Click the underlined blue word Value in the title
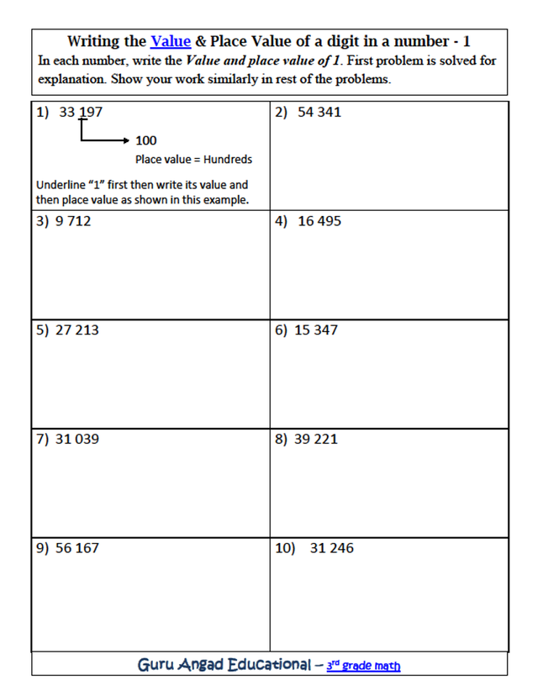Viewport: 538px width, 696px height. [x=171, y=41]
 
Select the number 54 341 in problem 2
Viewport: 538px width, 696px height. [x=319, y=112]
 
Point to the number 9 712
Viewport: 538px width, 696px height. [x=73, y=221]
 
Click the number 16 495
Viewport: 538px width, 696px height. [x=319, y=221]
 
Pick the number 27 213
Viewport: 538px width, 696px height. [x=76, y=330]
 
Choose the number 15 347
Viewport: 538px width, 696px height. [x=316, y=330]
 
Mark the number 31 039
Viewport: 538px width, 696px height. [x=76, y=439]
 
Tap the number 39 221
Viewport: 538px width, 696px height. [x=316, y=439]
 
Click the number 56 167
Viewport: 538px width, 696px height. [x=76, y=548]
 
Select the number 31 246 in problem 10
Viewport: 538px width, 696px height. [x=331, y=548]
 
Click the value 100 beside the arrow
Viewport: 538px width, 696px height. [x=145, y=140]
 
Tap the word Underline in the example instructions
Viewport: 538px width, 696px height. [x=59, y=184]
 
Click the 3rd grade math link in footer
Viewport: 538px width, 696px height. [x=363, y=666]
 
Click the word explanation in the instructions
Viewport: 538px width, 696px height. [x=70, y=81]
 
